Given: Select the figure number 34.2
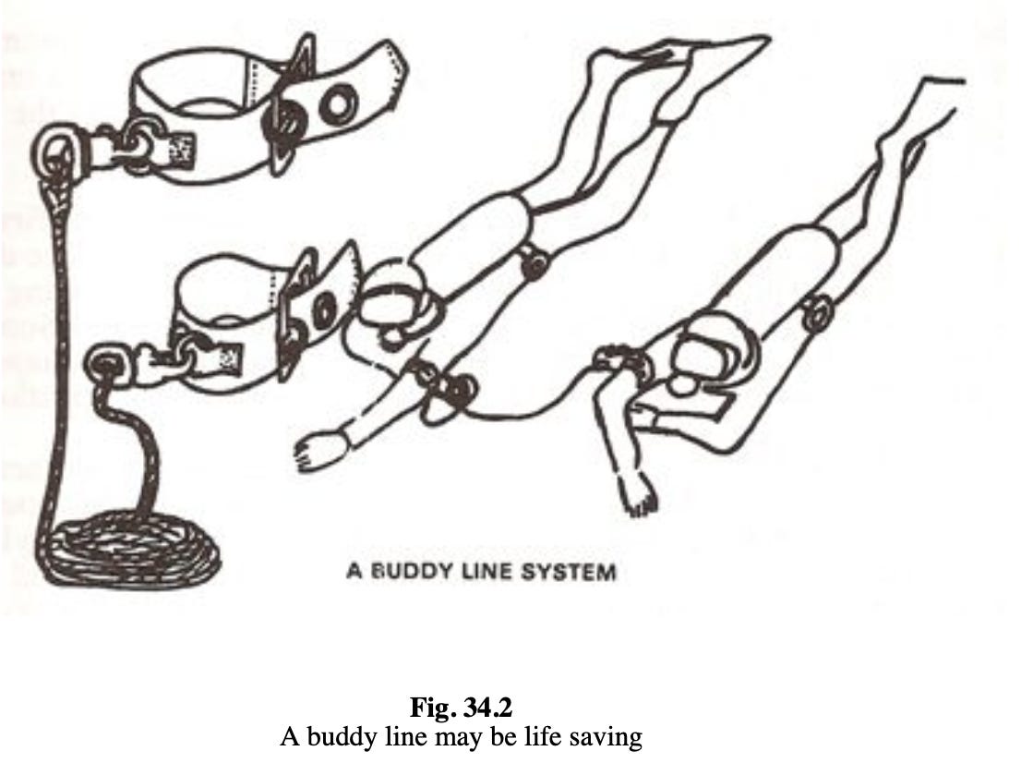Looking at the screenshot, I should click(487, 709).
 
